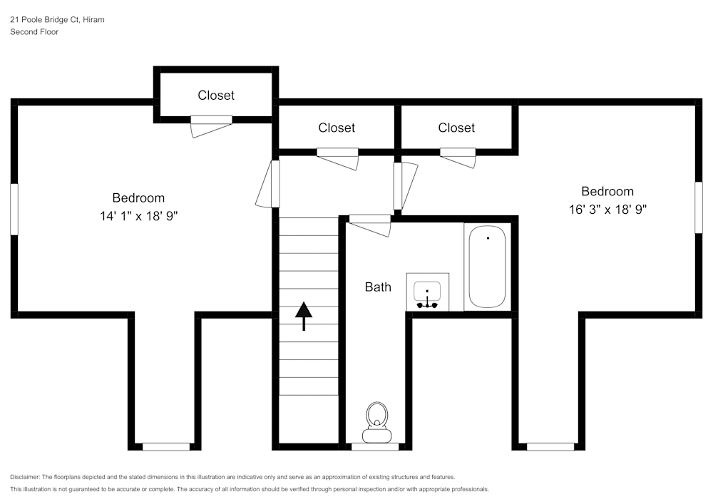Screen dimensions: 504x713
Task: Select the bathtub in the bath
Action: (487, 267)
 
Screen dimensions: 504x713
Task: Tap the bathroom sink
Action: (427, 292)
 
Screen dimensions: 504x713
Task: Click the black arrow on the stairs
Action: (304, 316)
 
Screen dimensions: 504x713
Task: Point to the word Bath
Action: (378, 287)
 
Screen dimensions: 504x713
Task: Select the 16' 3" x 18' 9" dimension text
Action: (607, 210)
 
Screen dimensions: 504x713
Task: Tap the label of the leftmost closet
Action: (216, 96)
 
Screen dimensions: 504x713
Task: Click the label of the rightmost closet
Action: (456, 128)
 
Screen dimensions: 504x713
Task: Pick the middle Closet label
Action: (337, 128)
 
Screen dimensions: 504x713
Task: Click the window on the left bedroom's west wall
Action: (14, 209)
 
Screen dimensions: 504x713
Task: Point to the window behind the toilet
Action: (375, 447)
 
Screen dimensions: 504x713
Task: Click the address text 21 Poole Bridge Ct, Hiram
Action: (57, 20)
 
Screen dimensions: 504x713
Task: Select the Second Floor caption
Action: (34, 32)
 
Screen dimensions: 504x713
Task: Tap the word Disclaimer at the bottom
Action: (26, 477)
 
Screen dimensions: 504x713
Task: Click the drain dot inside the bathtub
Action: (488, 237)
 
